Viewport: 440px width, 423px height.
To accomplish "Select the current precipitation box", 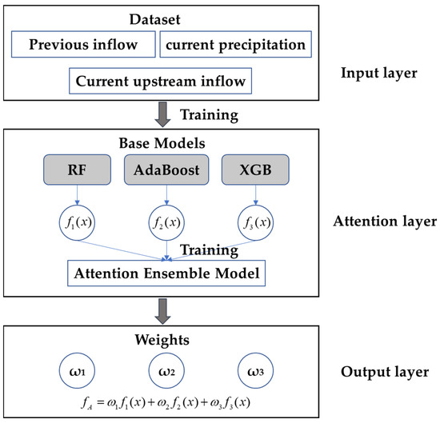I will click(235, 45).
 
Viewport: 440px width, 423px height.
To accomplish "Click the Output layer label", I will click(382, 372).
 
